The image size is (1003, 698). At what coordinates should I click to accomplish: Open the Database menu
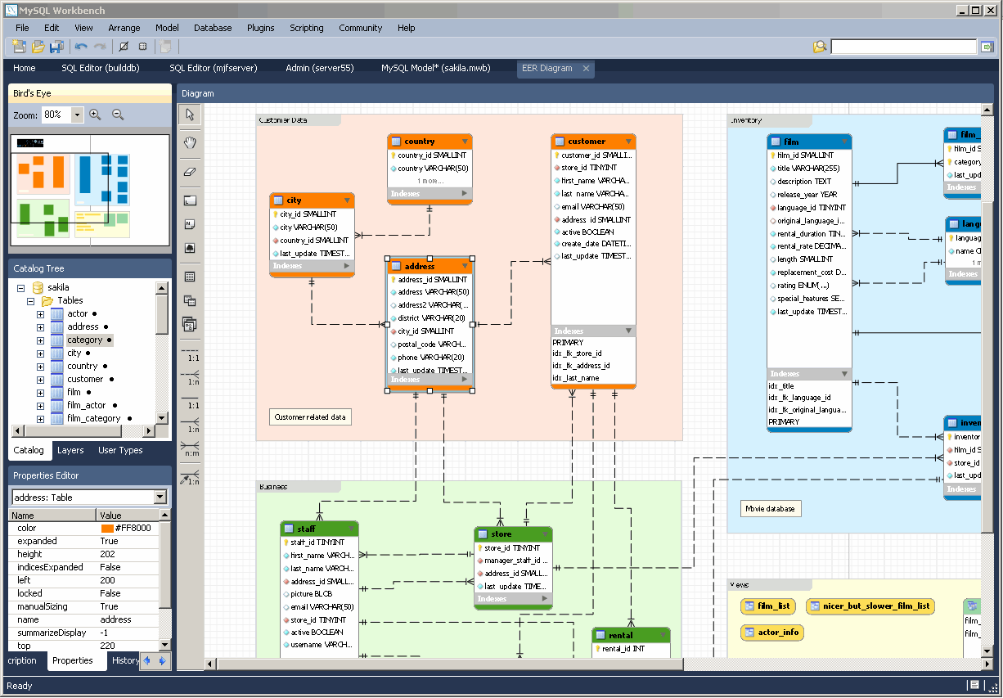tap(213, 28)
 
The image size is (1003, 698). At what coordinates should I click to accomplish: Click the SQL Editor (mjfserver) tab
tap(214, 68)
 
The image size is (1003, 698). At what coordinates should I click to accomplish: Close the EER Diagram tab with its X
tap(586, 69)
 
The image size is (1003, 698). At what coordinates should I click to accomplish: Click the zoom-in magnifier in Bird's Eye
tap(96, 115)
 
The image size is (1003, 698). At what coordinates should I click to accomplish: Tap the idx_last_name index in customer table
tap(575, 378)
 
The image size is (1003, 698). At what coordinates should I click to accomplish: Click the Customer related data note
tap(310, 417)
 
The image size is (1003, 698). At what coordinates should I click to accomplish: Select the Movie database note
tap(770, 509)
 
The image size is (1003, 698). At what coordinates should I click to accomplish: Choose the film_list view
tap(768, 606)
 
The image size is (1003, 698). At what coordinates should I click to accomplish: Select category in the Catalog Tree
tap(84, 340)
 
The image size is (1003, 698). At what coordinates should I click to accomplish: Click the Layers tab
tap(70, 450)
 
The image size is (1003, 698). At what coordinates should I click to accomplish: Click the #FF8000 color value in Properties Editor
tap(133, 529)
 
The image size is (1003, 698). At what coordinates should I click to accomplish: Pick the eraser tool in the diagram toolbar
tap(190, 171)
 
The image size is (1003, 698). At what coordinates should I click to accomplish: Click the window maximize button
tap(975, 10)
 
